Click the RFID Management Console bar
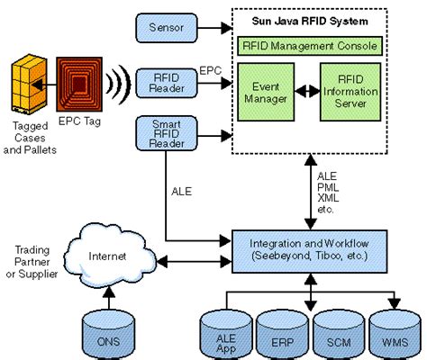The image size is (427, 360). [x=308, y=44]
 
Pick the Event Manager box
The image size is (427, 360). [x=265, y=91]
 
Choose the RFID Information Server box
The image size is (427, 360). [x=350, y=90]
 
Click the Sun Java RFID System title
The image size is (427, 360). [x=308, y=19]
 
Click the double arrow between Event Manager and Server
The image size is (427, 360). [x=306, y=91]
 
